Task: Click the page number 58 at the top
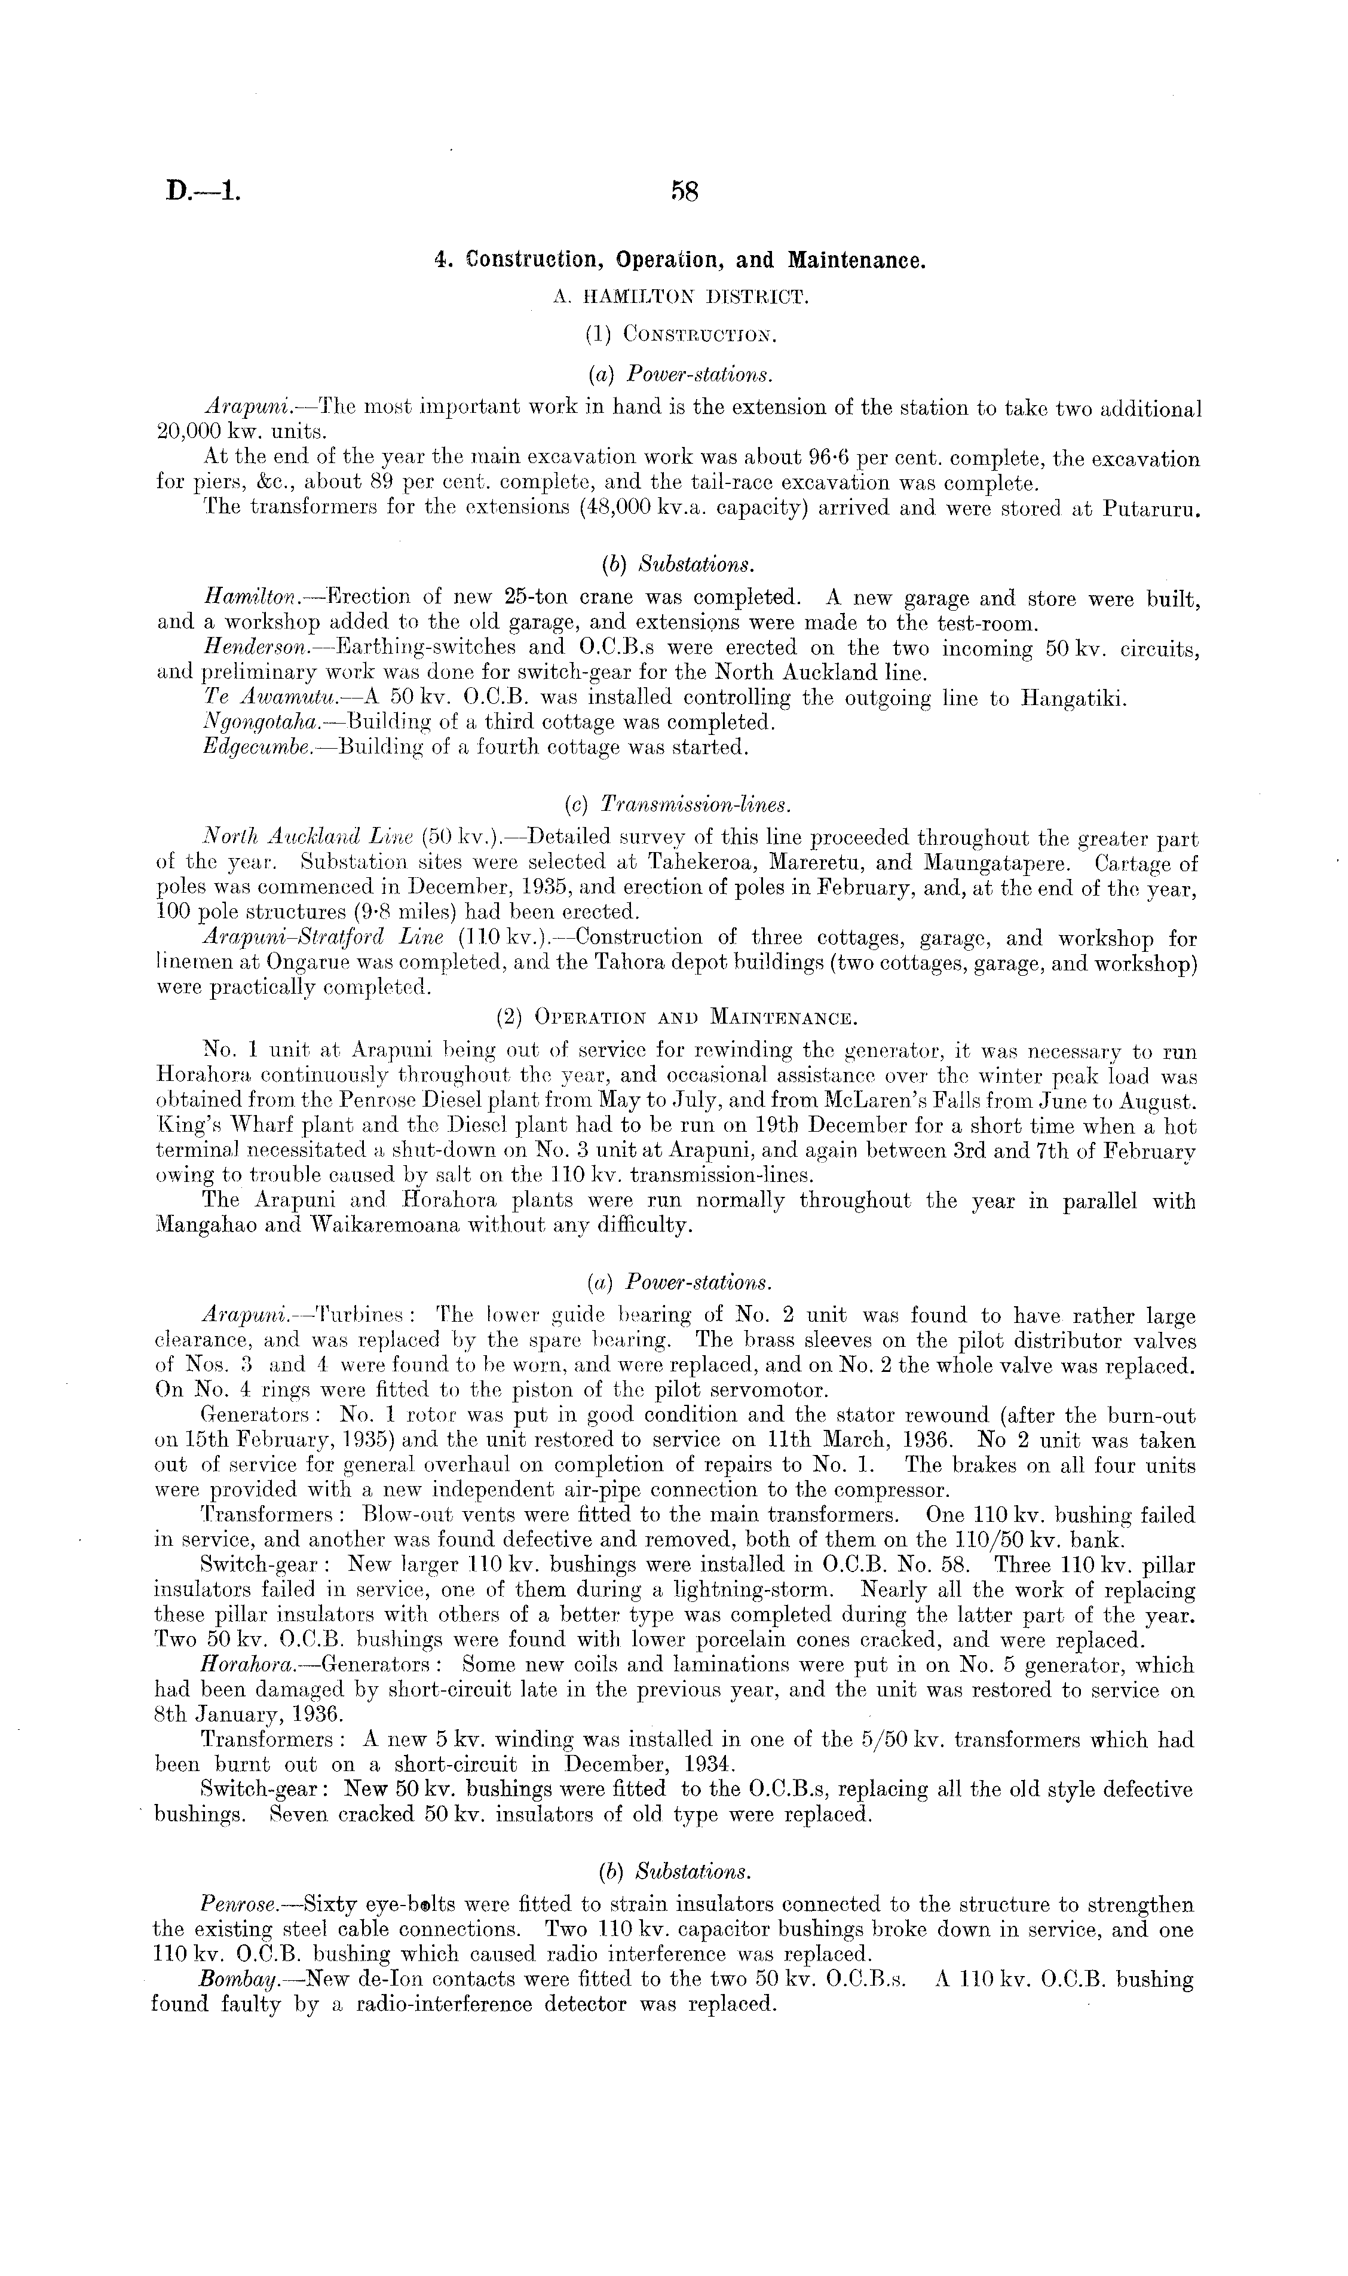point(683,192)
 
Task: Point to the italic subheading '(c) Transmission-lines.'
point(678,805)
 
